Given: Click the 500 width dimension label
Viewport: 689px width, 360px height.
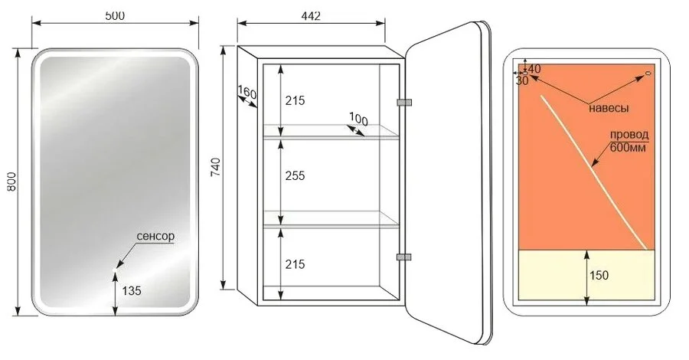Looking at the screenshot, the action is (115, 15).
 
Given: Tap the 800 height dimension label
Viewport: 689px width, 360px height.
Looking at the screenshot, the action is (11, 181).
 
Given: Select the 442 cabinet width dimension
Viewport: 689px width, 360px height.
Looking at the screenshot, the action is (311, 16).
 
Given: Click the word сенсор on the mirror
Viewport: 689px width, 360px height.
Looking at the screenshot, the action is (155, 236).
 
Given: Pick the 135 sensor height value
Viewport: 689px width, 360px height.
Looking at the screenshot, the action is (132, 290).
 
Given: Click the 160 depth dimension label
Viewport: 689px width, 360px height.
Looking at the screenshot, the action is (247, 93).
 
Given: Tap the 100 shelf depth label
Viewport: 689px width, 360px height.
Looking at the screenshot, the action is (358, 119).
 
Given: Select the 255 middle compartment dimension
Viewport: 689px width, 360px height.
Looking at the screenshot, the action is (295, 176).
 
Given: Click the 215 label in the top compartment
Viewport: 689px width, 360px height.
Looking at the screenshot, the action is (295, 100).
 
